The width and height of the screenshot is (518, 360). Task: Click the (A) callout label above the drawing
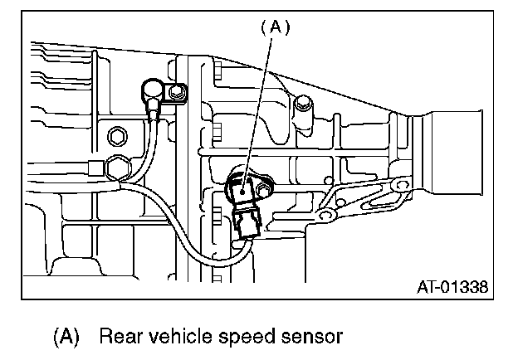[x=274, y=27]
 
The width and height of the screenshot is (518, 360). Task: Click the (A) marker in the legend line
[x=66, y=337]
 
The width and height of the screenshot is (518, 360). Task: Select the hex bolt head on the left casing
[x=116, y=136]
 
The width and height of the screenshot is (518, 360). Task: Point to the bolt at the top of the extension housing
[x=304, y=104]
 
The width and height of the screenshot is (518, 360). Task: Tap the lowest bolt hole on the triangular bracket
[x=325, y=217]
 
